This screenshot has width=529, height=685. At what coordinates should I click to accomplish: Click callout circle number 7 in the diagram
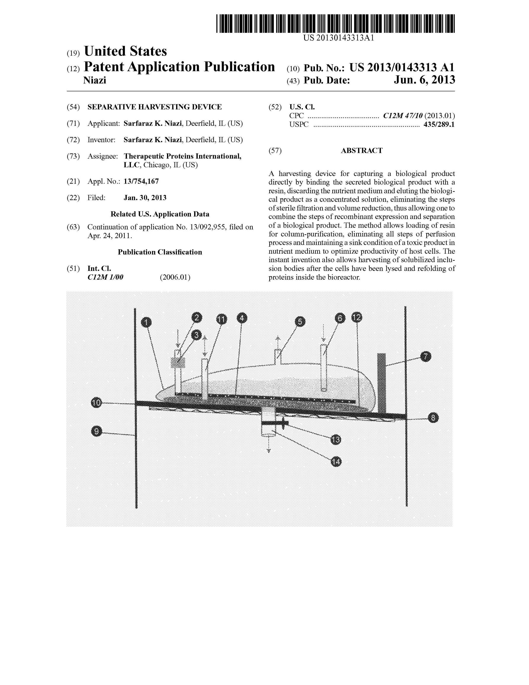(x=425, y=357)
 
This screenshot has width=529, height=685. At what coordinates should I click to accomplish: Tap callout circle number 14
(x=336, y=462)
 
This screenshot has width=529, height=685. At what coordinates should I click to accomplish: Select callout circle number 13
(x=336, y=440)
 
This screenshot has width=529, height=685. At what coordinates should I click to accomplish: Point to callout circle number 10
(x=96, y=402)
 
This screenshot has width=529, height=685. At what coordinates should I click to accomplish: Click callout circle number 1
(x=146, y=322)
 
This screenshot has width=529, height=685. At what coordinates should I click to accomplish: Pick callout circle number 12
(x=357, y=318)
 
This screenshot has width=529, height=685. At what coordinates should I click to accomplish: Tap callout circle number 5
(x=300, y=321)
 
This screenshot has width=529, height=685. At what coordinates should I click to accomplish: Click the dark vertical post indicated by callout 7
(x=381, y=383)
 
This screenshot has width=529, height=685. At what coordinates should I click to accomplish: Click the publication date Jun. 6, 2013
(x=424, y=80)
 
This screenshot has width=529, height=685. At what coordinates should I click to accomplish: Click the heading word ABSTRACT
(x=362, y=151)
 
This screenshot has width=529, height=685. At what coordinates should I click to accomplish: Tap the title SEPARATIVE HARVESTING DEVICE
(x=154, y=107)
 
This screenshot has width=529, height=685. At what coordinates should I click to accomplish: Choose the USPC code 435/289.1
(x=439, y=125)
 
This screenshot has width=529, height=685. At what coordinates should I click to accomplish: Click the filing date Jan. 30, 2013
(x=145, y=198)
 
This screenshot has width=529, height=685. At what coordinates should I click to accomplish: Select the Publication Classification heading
(x=160, y=252)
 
